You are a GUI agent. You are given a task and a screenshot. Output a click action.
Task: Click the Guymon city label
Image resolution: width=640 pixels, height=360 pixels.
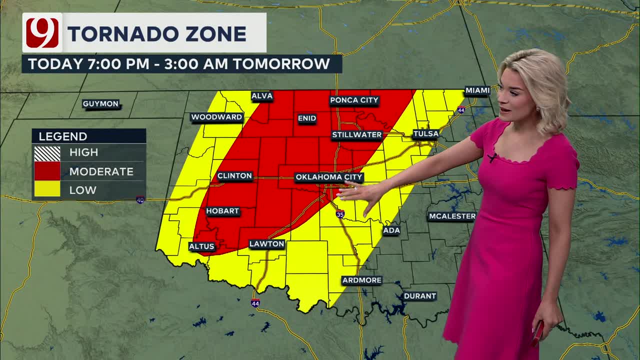(x=100, y=104)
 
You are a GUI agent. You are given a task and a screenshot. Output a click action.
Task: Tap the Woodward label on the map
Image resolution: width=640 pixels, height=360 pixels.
(x=216, y=117)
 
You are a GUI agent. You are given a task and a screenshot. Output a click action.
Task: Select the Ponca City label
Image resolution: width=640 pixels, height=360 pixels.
(x=354, y=100)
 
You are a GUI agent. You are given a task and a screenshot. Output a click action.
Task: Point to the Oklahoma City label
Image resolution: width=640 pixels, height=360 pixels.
(x=329, y=177)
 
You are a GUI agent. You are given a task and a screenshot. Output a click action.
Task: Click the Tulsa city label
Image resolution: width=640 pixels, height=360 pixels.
(x=425, y=134)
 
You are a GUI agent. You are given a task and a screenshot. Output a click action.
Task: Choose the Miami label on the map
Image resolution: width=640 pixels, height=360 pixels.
(x=477, y=90)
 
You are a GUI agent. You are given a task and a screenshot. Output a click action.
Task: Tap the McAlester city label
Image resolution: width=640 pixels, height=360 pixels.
(x=452, y=216)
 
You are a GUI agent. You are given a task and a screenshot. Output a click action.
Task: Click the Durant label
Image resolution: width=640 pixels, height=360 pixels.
(x=419, y=296)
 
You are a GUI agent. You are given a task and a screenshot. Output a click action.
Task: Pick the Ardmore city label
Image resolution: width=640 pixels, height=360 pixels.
(x=361, y=280)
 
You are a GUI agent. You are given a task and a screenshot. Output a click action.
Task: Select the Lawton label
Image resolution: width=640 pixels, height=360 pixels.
(x=267, y=244)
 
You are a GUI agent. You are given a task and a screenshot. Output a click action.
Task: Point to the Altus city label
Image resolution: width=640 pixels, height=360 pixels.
(x=201, y=246)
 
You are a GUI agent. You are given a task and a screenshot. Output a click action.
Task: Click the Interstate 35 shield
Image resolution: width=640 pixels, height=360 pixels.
(x=340, y=214)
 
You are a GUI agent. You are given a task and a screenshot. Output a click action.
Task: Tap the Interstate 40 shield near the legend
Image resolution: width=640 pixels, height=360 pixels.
(x=140, y=200)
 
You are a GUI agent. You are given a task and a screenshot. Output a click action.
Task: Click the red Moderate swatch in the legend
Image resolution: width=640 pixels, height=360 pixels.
(x=47, y=171)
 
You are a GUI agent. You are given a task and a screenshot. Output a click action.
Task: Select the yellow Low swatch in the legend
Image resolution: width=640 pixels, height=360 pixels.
(x=47, y=189)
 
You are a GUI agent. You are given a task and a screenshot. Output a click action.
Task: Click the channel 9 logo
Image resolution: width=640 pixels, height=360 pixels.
(x=42, y=33)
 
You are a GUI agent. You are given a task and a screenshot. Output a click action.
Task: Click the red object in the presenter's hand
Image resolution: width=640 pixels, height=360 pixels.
(x=538, y=332)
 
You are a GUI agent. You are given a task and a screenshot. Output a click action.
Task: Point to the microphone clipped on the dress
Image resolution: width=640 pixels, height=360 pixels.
(x=492, y=158)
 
